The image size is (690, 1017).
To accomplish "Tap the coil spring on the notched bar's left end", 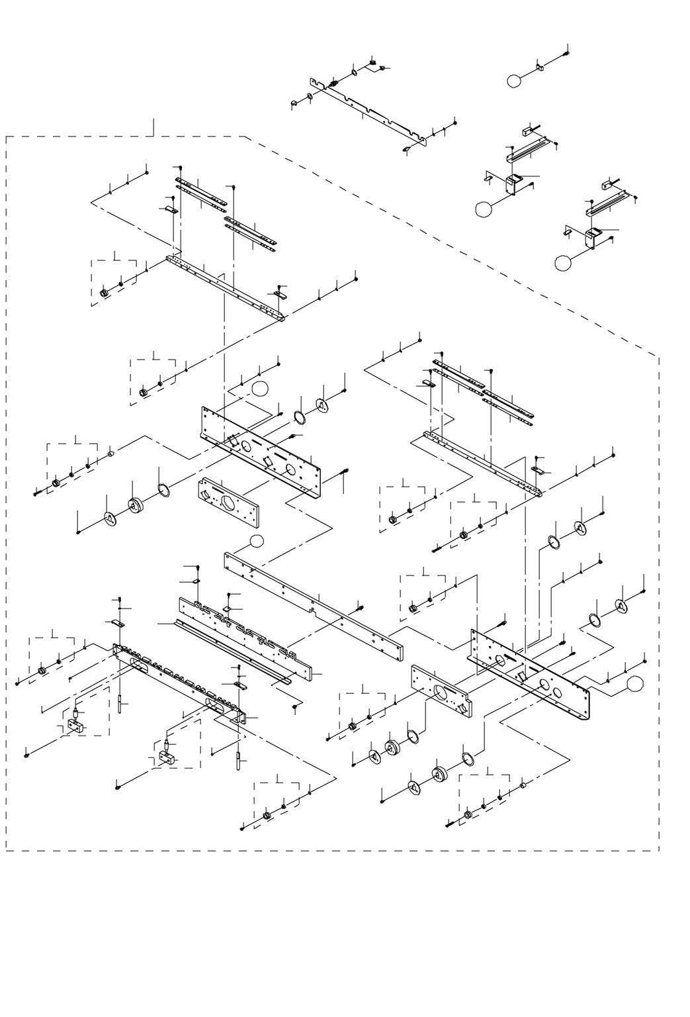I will [x=334, y=83].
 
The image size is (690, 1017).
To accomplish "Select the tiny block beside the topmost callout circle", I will [x=539, y=67].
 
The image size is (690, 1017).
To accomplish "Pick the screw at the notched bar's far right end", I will [x=456, y=122].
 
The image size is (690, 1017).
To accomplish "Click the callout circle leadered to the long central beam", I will [x=257, y=542].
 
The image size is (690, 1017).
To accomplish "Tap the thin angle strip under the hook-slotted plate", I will [x=232, y=648].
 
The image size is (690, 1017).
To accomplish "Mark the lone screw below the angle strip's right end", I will [x=294, y=707].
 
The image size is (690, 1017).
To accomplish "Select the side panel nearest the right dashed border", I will [x=529, y=673].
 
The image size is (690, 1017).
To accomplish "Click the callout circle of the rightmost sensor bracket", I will [x=562, y=263].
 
